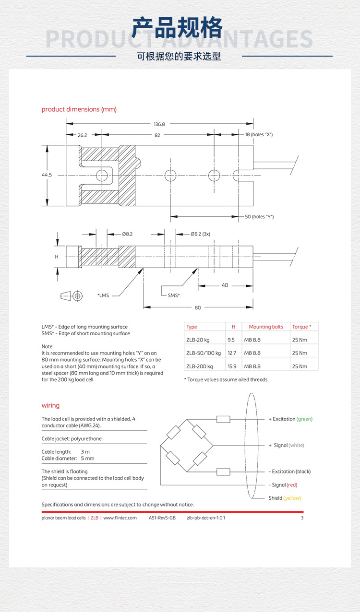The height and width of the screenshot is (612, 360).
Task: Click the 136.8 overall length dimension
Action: (x=159, y=124)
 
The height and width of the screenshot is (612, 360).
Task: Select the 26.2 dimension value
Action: (x=83, y=135)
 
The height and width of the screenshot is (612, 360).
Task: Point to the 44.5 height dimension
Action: (x=47, y=175)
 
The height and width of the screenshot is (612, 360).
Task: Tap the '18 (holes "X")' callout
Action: (x=259, y=135)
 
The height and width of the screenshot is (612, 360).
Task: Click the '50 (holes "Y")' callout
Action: (x=259, y=217)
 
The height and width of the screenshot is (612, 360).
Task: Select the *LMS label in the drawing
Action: (x=103, y=295)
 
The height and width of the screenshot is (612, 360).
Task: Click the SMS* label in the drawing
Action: (x=174, y=295)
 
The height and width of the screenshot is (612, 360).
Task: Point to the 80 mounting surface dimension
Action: (x=198, y=307)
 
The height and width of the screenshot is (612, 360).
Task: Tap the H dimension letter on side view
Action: (x=57, y=257)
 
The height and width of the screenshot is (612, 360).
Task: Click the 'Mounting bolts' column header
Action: (x=266, y=327)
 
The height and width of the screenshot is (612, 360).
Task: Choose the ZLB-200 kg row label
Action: (x=199, y=366)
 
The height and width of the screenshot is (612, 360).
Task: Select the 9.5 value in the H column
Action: (x=231, y=340)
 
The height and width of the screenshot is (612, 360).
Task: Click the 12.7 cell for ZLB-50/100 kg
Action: (x=232, y=353)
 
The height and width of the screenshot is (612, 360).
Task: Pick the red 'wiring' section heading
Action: (x=50, y=406)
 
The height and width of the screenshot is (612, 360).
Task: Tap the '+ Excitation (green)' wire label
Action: (x=290, y=419)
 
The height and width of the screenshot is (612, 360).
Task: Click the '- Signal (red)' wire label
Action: (x=283, y=485)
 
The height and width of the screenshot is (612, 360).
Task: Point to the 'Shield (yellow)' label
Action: (x=285, y=498)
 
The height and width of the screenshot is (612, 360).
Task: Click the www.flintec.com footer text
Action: (x=120, y=518)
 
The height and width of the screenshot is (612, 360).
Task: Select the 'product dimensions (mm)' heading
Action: (x=79, y=109)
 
